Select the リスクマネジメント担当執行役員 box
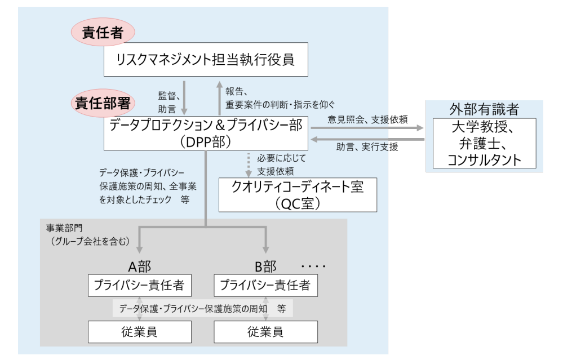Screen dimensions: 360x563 [206, 59]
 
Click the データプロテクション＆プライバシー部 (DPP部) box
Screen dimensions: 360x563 [206, 134]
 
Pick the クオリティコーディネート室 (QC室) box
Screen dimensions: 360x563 [298, 195]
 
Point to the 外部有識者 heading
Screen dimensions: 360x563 [484, 109]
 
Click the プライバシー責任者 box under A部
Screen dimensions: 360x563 [139, 285]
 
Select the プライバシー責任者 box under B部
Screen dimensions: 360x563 [265, 285]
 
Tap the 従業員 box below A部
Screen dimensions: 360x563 [139, 332]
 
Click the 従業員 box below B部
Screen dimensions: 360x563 [265, 332]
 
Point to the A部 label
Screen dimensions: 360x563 [139, 266]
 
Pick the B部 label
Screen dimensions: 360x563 [265, 266]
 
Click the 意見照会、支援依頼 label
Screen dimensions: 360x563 [367, 119]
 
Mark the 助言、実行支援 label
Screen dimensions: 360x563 [367, 148]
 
